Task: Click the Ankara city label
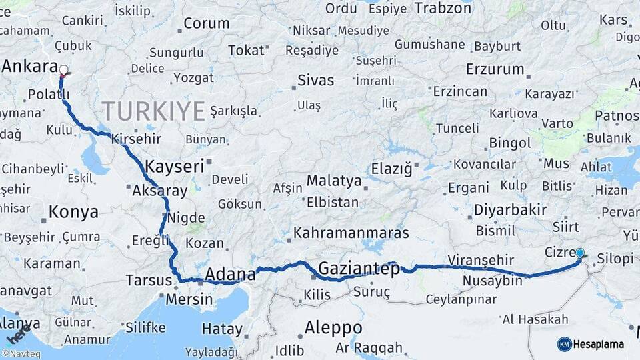tap(29, 66)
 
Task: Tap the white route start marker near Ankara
tap(63, 69)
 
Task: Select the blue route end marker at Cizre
tap(580, 253)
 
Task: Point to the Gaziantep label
tap(359, 269)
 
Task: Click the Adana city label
tap(230, 274)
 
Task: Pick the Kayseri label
tap(174, 166)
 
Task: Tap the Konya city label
tap(73, 212)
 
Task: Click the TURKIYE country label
tap(153, 111)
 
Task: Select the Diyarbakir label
tap(510, 210)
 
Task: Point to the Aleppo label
tap(333, 328)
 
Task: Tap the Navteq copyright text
tap(21, 354)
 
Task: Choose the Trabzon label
tap(443, 8)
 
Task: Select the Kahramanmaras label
tap(351, 233)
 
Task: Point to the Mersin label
tap(189, 299)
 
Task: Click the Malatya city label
tap(334, 181)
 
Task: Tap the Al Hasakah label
tap(535, 319)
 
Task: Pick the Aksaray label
tap(160, 191)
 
